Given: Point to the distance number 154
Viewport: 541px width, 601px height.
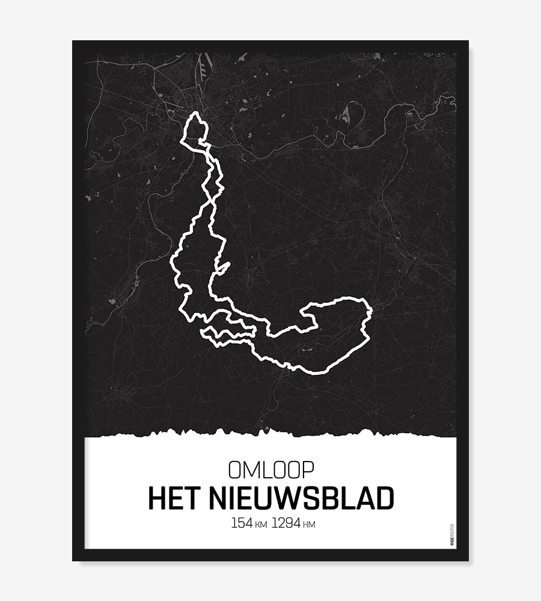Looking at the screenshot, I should pos(242,523).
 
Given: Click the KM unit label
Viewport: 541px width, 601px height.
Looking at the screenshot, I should pos(261,525).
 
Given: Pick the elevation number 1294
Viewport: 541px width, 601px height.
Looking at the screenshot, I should pos(286,523).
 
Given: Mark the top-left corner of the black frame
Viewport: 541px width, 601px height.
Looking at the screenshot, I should pos(73,41).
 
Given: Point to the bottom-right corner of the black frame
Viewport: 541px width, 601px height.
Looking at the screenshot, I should pos(468,560).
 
